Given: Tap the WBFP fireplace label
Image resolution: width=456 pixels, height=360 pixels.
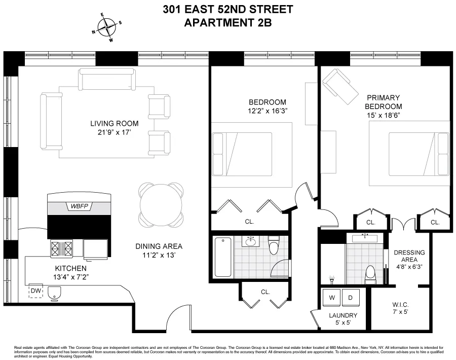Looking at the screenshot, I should pyautogui.click(x=79, y=206).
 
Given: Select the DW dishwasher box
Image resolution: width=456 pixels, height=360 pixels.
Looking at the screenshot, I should pyautogui.click(x=35, y=291).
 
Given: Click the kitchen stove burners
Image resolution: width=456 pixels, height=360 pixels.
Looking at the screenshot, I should pyautogui.click(x=61, y=248).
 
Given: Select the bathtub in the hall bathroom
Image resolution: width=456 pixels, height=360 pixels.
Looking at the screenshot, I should pyautogui.click(x=223, y=258).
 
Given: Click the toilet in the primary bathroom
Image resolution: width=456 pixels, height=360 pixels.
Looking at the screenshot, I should pyautogui.click(x=370, y=274).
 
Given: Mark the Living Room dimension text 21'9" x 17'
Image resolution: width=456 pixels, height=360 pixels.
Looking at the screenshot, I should pyautogui.click(x=114, y=133).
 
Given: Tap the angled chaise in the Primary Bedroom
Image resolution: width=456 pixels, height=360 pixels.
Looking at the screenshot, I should pyautogui.click(x=336, y=84).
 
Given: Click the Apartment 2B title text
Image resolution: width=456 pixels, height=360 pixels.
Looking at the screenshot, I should pyautogui.click(x=227, y=22).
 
